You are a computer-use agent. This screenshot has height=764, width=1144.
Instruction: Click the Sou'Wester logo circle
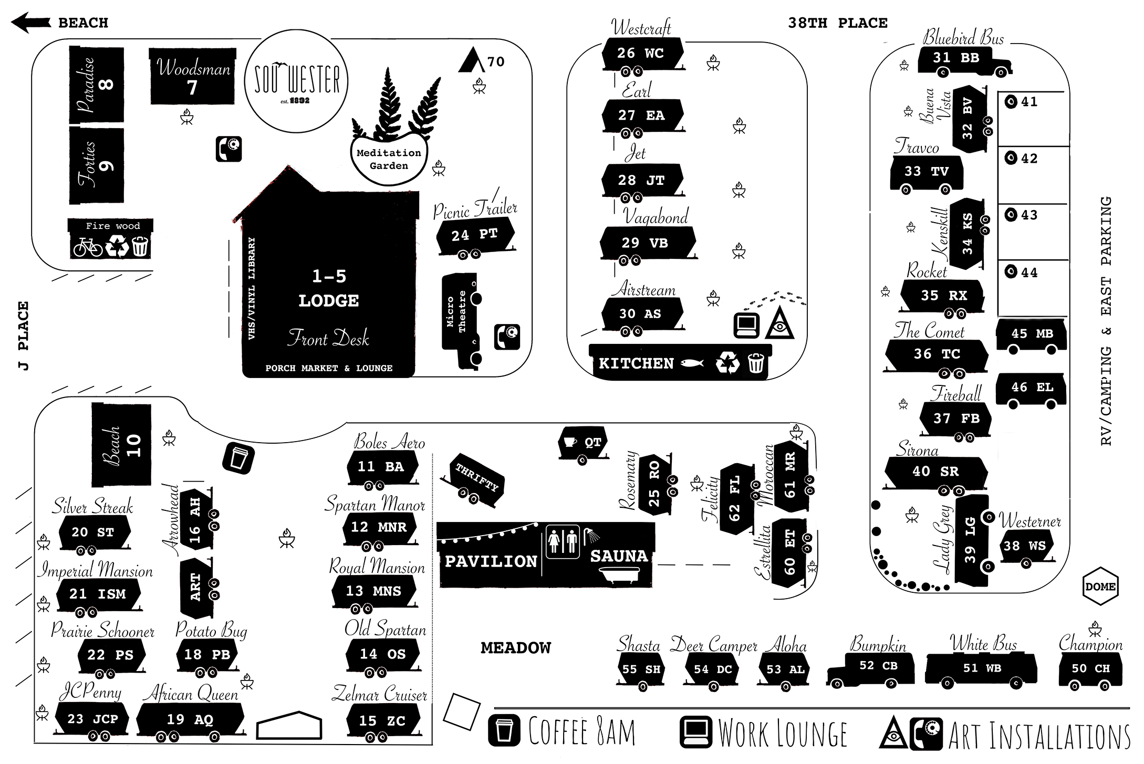[x=296, y=81]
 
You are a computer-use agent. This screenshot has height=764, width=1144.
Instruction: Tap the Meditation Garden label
[x=389, y=159]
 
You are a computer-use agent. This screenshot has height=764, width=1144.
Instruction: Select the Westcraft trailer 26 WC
[x=641, y=54]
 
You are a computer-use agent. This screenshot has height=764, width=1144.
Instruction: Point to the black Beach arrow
[x=30, y=23]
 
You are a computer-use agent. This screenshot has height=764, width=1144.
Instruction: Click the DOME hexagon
[x=1100, y=587]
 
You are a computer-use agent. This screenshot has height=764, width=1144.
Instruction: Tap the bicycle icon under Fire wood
[x=87, y=246]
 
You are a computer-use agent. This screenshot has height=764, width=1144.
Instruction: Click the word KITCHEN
[x=636, y=363]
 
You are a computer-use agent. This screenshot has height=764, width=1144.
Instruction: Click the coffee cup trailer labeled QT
[x=583, y=443]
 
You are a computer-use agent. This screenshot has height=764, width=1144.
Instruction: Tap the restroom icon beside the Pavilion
[x=563, y=541]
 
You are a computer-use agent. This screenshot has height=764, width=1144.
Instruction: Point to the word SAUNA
[x=619, y=556]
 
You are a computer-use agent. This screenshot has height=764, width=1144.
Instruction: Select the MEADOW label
[x=516, y=648]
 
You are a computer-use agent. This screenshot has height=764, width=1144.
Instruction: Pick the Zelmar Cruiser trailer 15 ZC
[x=382, y=721]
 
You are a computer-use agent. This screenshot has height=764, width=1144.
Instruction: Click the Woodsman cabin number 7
[x=192, y=78]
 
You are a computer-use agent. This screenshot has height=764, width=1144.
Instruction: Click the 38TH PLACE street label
[x=837, y=23]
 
